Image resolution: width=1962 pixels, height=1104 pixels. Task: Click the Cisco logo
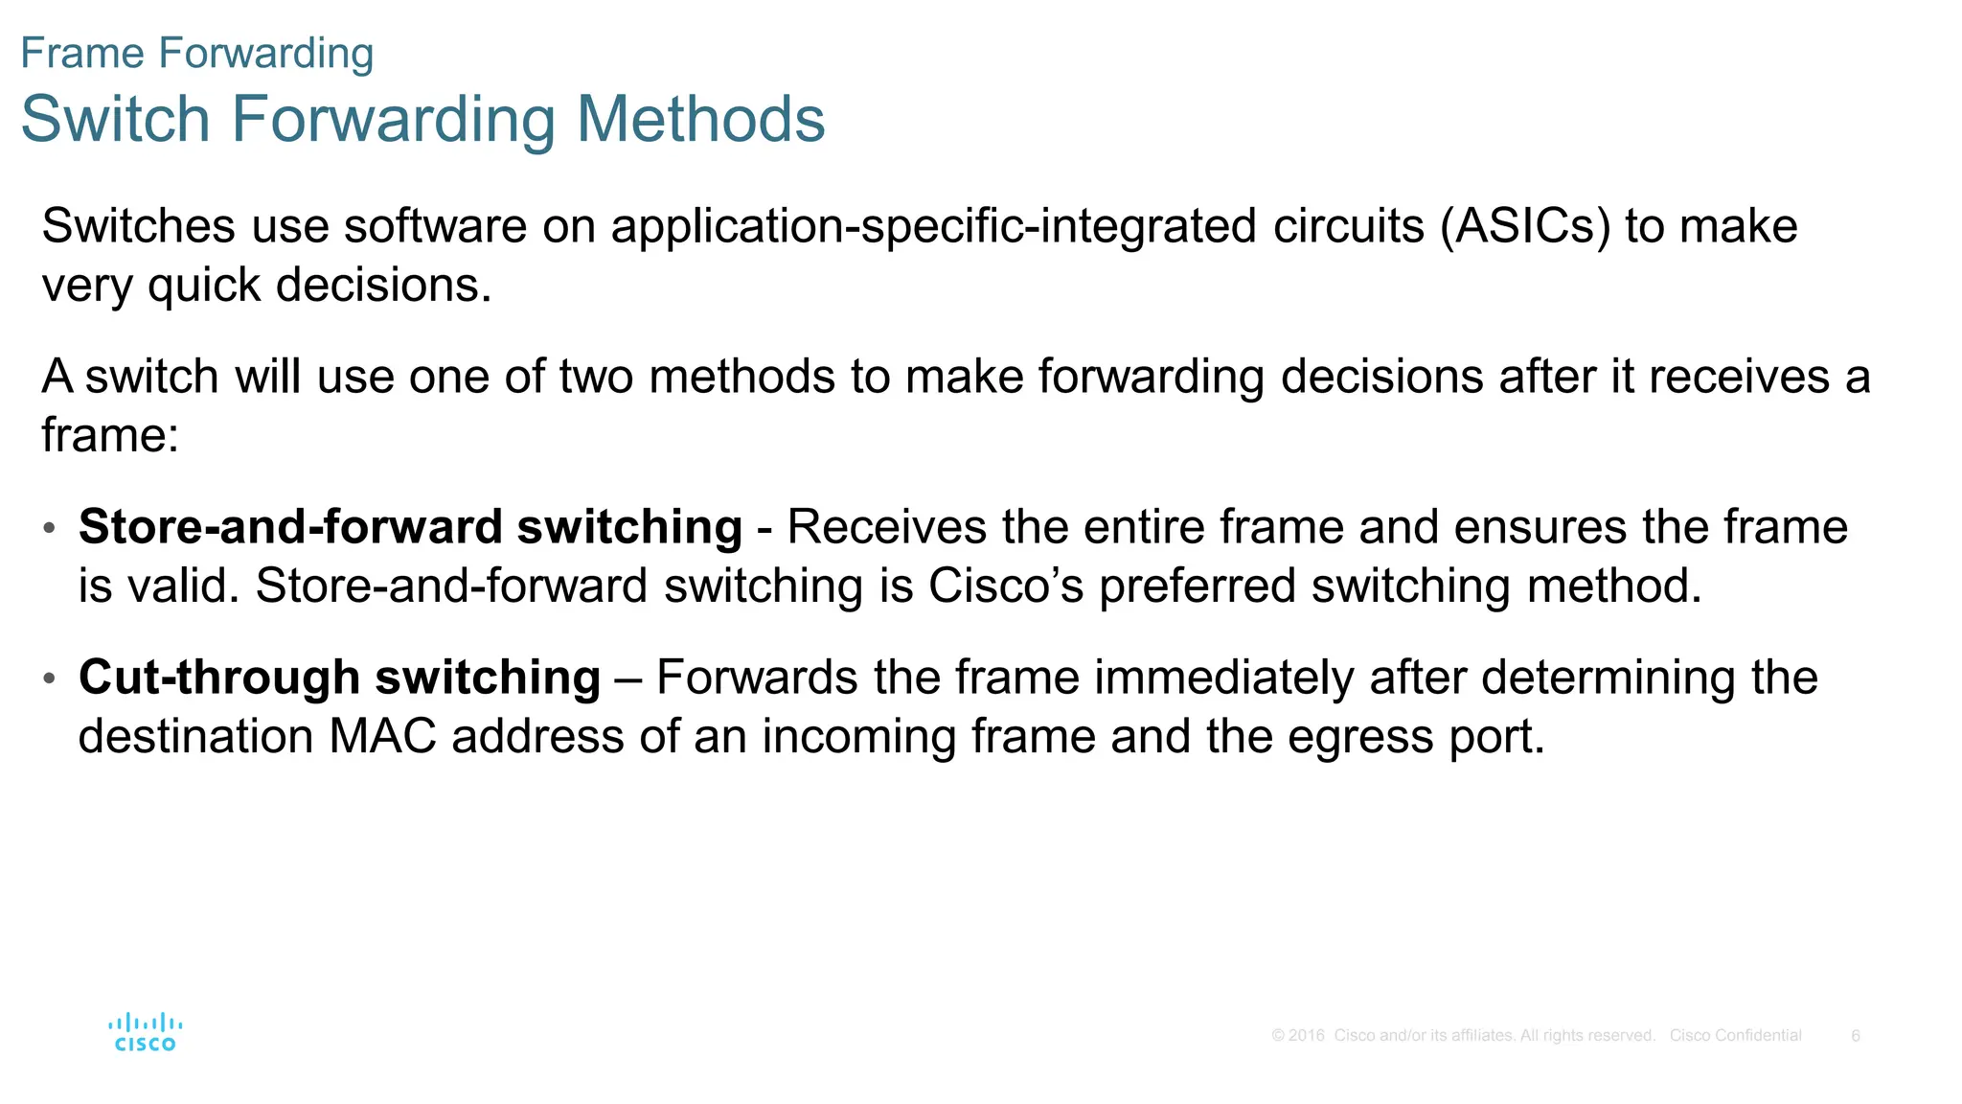(x=146, y=1033)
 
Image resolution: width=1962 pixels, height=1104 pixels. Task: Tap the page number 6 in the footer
(x=1856, y=1036)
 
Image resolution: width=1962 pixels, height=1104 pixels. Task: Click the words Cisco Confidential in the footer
(x=1735, y=1036)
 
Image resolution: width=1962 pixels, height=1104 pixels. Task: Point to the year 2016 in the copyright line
(x=1306, y=1036)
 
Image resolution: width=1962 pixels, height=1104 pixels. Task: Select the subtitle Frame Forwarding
(x=196, y=53)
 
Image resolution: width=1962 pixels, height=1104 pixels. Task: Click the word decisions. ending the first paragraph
(x=383, y=285)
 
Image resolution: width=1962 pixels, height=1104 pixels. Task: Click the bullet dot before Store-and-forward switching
(x=50, y=528)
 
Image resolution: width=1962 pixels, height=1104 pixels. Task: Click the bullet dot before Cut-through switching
(x=50, y=678)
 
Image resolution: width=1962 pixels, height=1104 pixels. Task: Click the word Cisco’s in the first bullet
(x=1006, y=586)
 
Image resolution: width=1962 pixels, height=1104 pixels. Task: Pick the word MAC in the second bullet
(x=382, y=737)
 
